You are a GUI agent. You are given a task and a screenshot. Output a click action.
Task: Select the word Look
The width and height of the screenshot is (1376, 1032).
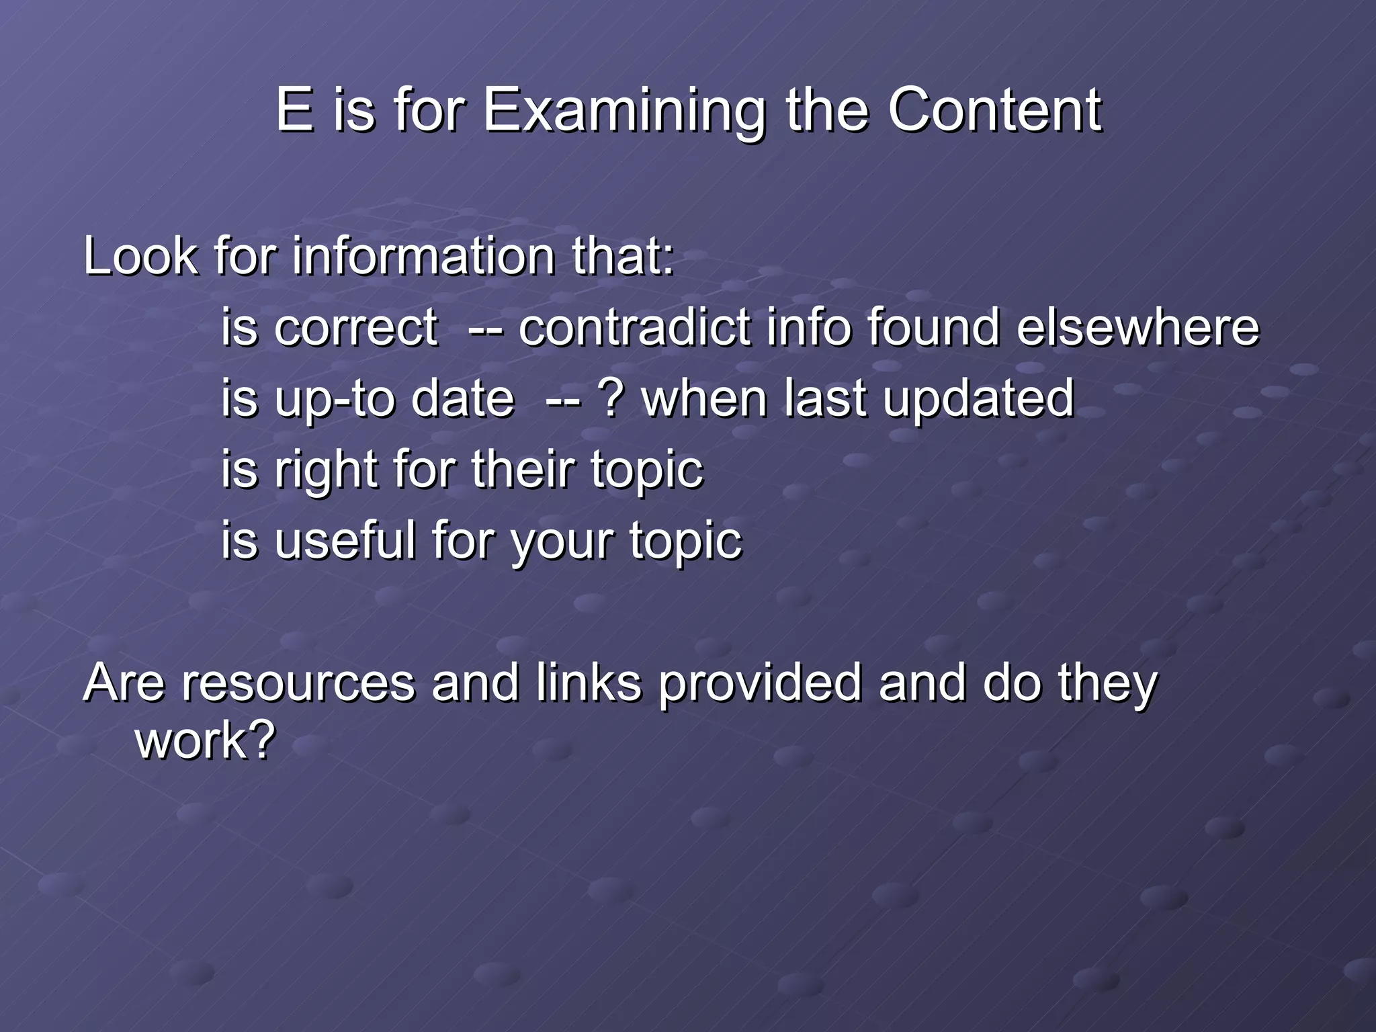click(x=140, y=257)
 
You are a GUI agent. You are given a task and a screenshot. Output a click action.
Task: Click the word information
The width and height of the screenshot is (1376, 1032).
click(x=423, y=257)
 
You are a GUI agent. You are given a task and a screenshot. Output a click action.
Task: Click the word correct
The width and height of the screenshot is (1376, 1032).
click(x=356, y=328)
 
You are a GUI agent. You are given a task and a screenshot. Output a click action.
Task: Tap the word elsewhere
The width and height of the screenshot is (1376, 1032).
click(x=1137, y=328)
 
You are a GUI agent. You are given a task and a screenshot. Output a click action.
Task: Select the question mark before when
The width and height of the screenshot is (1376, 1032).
click(x=611, y=398)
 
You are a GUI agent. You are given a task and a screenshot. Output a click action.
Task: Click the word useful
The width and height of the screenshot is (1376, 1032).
click(x=345, y=540)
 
